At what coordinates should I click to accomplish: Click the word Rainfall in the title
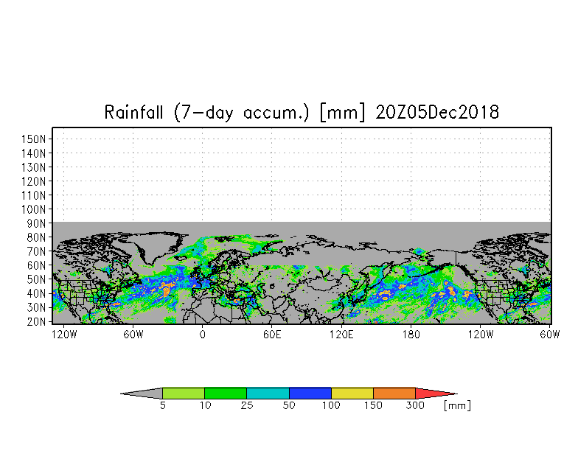133,112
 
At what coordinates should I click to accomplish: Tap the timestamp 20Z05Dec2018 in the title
437,112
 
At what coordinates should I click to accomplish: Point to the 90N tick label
36,224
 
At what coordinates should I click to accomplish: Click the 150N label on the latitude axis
33,139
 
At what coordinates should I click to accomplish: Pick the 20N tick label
36,321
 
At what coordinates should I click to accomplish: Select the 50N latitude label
36,280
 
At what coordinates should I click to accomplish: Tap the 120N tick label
33,181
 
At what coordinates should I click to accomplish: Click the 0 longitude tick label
202,335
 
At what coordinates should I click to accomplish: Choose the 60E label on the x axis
272,335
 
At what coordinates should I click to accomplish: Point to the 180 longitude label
411,335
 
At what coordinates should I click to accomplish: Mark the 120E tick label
341,335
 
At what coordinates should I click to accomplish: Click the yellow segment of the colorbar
352,394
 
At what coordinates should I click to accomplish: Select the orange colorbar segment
394,394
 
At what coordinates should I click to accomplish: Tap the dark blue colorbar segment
310,394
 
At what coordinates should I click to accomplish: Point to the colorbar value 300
415,405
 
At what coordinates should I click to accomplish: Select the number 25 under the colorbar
246,405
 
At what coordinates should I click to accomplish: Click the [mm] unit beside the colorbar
457,405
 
